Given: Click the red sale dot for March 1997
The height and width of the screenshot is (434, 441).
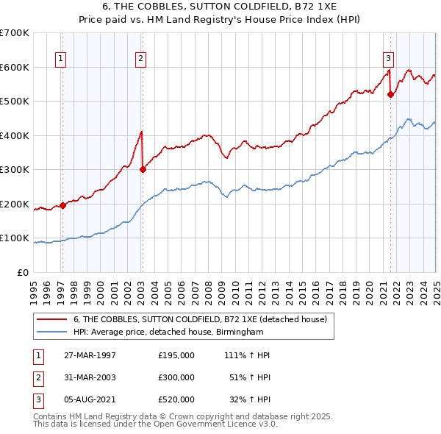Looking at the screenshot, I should [x=62, y=205].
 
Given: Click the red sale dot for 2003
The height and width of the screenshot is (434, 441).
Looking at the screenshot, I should [x=143, y=169].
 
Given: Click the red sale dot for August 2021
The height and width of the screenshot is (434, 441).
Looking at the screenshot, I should [x=390, y=94].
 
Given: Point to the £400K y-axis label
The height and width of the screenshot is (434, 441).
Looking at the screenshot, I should [x=15, y=135].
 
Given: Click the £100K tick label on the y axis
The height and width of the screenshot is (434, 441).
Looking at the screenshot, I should [x=15, y=238].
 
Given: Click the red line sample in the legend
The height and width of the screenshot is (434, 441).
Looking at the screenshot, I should [x=51, y=319].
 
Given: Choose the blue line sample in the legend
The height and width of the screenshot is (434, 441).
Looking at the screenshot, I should [x=51, y=332].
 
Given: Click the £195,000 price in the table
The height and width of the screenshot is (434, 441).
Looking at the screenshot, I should [x=176, y=355].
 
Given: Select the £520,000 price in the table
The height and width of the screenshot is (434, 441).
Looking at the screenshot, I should [x=176, y=399].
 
